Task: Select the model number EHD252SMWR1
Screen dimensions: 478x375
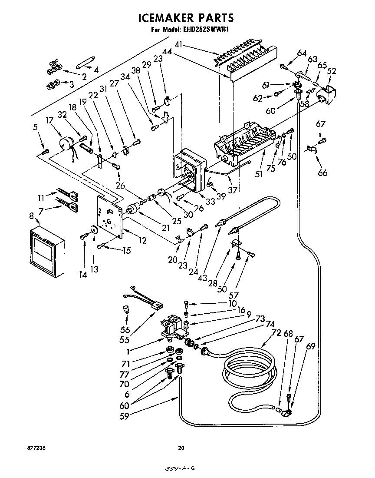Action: pyautogui.click(x=205, y=30)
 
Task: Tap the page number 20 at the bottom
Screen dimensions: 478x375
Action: pyautogui.click(x=182, y=448)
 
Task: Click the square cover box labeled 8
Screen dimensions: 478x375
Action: pyautogui.click(x=47, y=251)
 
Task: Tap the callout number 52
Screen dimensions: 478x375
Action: pyautogui.click(x=332, y=71)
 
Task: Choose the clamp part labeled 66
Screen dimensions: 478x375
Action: pyautogui.click(x=311, y=149)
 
